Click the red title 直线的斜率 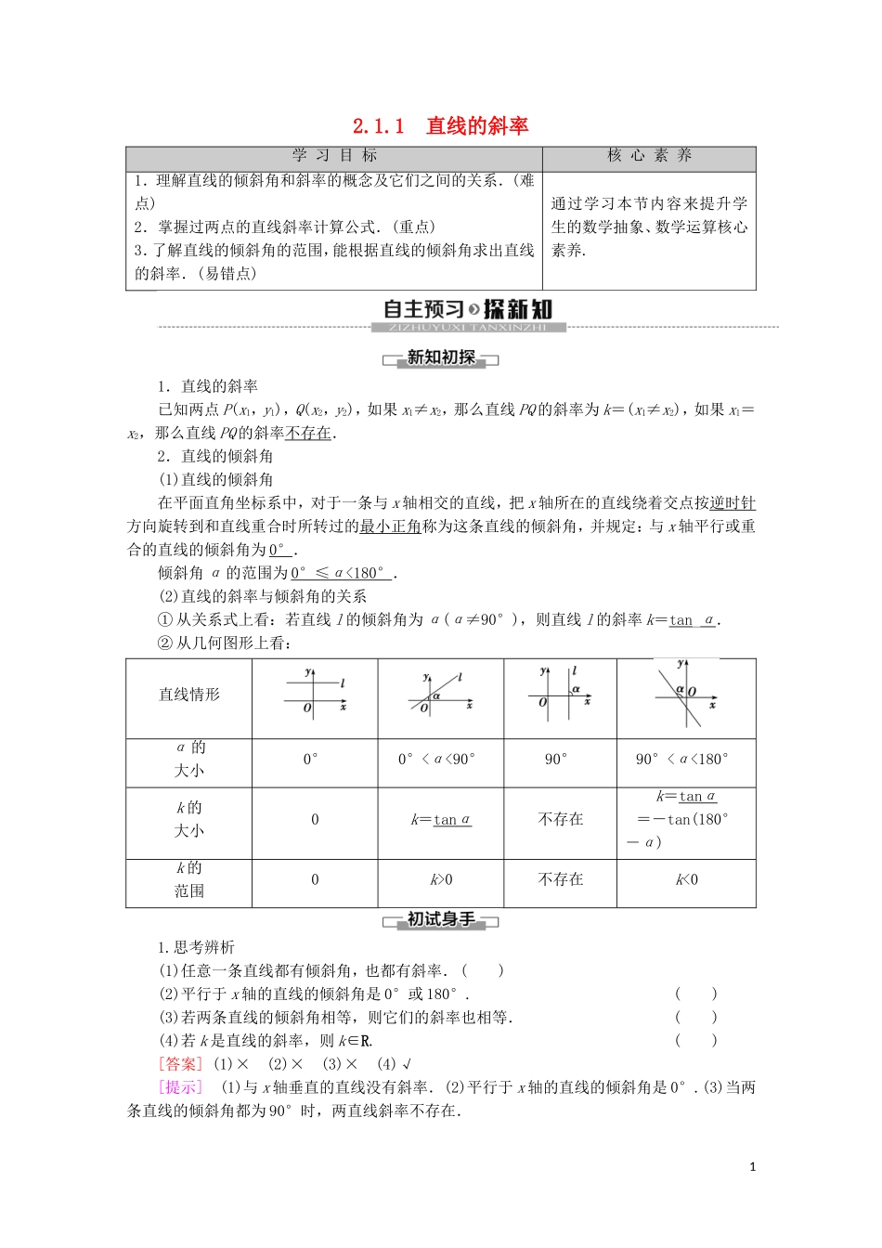point(476,126)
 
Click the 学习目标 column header point(334,156)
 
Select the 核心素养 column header point(649,156)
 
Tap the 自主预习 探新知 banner point(468,310)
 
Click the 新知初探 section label point(441,357)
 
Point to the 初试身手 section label point(441,919)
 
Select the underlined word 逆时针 point(732,502)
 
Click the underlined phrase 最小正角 point(390,526)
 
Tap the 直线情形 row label point(189,695)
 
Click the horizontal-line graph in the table point(315,695)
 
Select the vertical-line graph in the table point(560,694)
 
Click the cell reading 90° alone point(556,760)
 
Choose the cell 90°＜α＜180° point(682,760)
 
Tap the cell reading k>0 point(441,879)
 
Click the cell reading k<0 point(686,879)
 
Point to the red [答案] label point(179,1064)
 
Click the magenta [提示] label point(179,1087)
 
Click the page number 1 point(752,1167)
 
